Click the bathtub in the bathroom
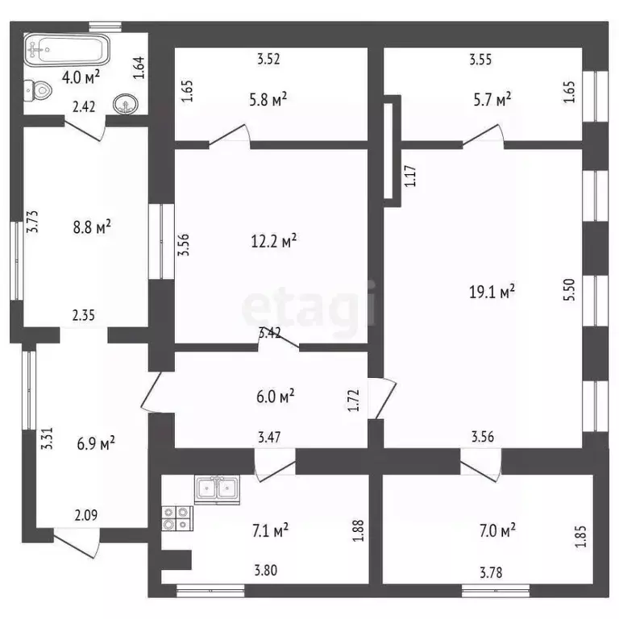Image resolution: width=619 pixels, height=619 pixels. click(67, 49)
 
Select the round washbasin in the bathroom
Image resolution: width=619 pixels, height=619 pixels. click(126, 104)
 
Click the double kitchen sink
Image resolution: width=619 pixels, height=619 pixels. click(217, 490)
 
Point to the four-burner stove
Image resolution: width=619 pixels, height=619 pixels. click(177, 518)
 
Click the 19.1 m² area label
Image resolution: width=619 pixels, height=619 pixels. click(492, 292)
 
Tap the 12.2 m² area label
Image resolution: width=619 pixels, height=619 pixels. click(274, 240)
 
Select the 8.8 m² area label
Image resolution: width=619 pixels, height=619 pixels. click(92, 227)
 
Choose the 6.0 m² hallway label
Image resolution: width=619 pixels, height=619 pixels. click(275, 397)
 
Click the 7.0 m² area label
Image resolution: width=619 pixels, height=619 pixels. click(497, 530)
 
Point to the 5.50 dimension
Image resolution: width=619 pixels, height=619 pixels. click(569, 290)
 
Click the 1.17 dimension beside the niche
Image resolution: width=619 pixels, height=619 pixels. click(410, 176)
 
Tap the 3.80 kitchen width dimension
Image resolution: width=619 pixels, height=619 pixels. click(266, 571)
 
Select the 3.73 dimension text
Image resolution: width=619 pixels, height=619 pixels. click(32, 222)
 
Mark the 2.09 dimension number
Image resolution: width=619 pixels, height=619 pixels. click(86, 515)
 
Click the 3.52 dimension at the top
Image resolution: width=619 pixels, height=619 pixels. click(268, 59)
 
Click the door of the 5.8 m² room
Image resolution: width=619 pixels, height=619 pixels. click(230, 135)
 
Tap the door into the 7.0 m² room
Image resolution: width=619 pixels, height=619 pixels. click(481, 466)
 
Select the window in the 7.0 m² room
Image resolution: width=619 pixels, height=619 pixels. click(496, 591)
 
